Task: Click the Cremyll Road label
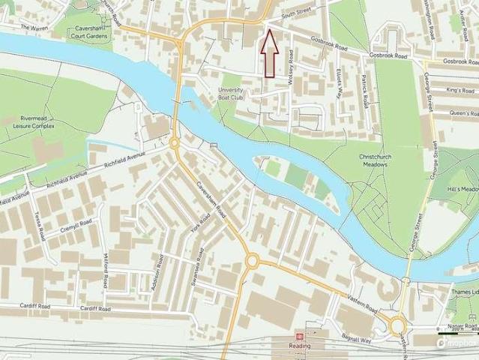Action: click(x=77, y=226)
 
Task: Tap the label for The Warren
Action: click(x=34, y=28)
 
